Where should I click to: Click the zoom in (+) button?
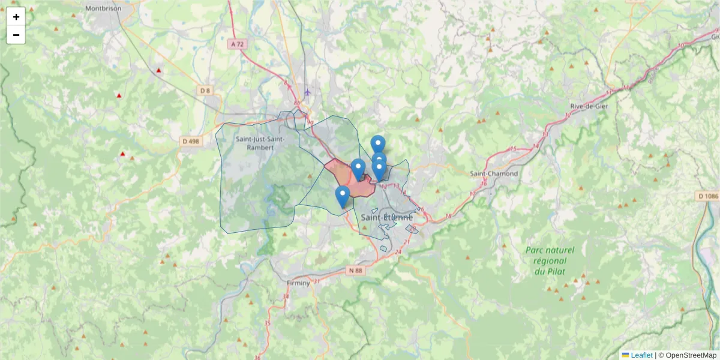point(16,17)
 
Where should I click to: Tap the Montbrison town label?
point(103,8)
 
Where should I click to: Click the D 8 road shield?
point(205,91)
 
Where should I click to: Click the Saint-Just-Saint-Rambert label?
point(259,143)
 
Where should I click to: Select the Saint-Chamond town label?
point(494,173)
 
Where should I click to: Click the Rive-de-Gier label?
point(587,106)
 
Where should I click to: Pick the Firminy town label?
point(298,283)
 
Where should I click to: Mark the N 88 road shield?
point(356,271)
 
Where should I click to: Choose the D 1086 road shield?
point(708,196)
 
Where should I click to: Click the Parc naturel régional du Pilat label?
point(550,260)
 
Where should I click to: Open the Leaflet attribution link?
point(641,355)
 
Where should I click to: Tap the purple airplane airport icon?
point(308,92)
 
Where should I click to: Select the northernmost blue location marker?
point(377,145)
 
